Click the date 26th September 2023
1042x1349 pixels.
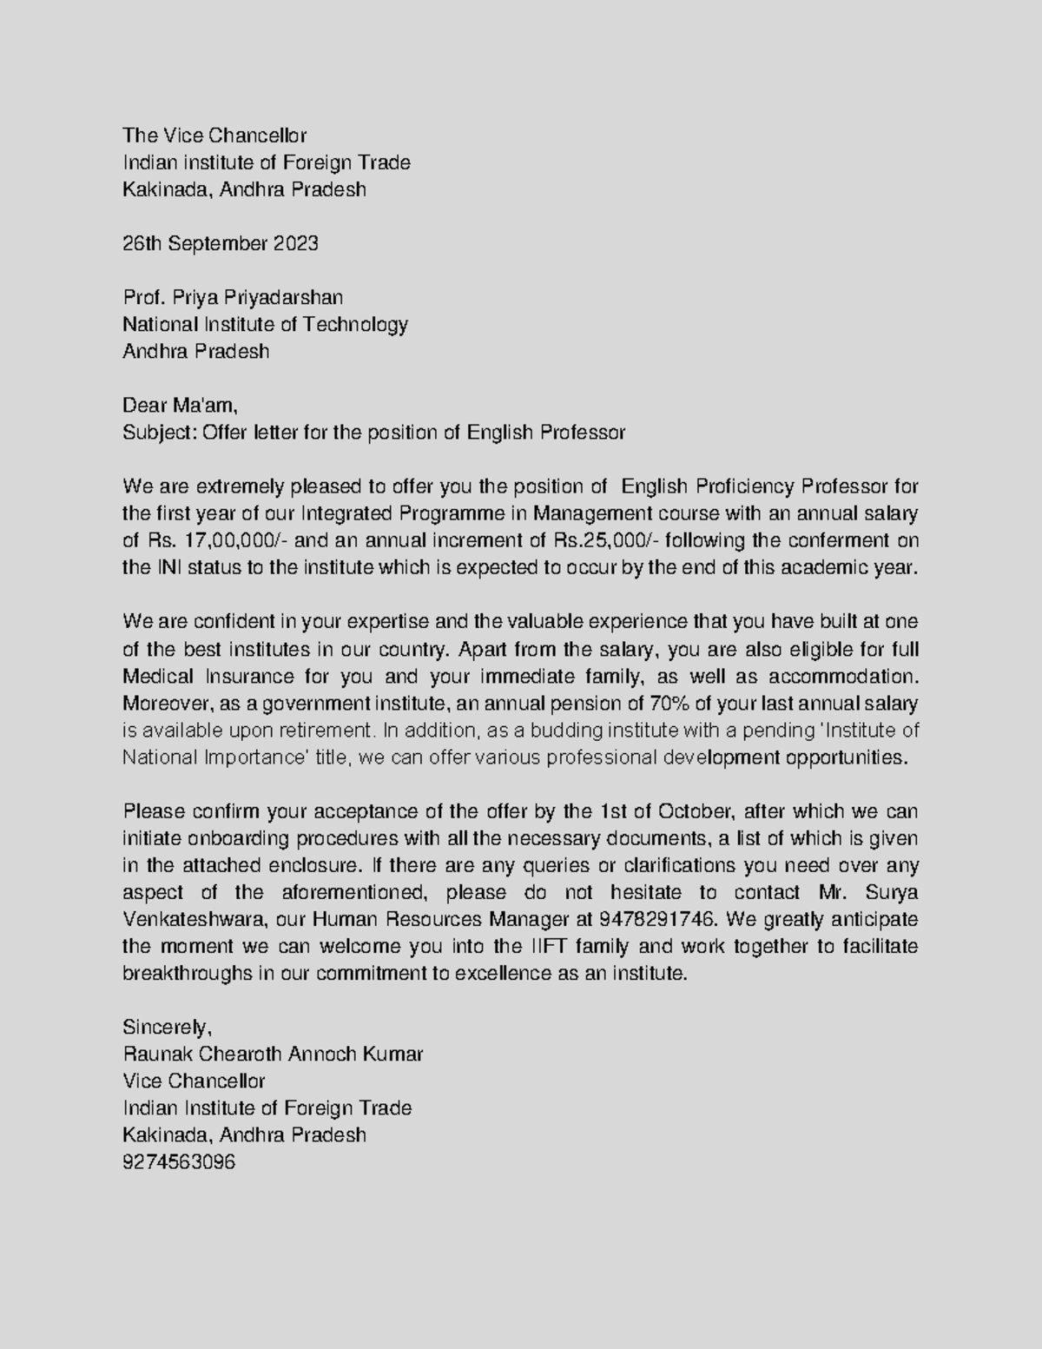pyautogui.click(x=221, y=243)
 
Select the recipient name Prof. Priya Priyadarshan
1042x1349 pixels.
pyautogui.click(x=233, y=297)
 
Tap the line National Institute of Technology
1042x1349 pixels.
pyautogui.click(x=265, y=324)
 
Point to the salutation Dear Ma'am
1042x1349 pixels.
pyautogui.click(x=179, y=406)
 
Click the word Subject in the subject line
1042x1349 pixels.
pyautogui.click(x=160, y=433)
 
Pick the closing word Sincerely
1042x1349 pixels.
pyautogui.click(x=167, y=1027)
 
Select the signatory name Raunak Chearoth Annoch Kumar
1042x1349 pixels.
pyautogui.click(x=273, y=1054)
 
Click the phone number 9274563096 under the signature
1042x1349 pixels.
pyautogui.click(x=179, y=1162)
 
